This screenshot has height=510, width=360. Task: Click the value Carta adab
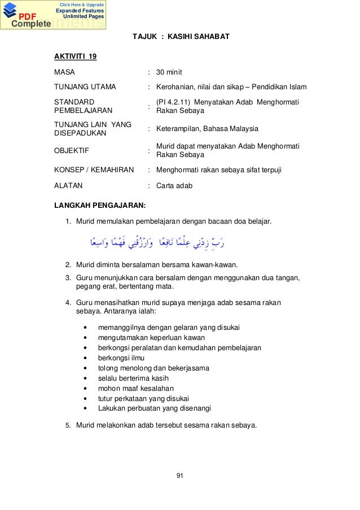tap(174, 185)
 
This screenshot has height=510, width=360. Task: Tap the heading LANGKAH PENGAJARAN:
tap(100, 203)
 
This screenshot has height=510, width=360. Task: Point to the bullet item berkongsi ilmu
tap(121, 358)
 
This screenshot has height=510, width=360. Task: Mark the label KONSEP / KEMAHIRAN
tap(94, 169)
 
